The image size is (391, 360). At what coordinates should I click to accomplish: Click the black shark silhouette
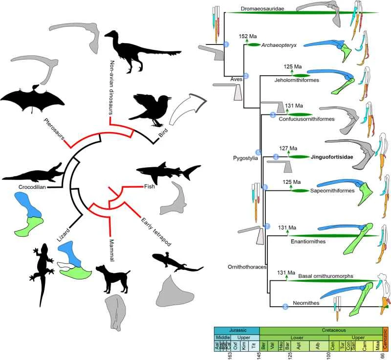click(166, 171)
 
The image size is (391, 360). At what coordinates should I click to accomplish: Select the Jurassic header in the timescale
click(237, 330)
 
